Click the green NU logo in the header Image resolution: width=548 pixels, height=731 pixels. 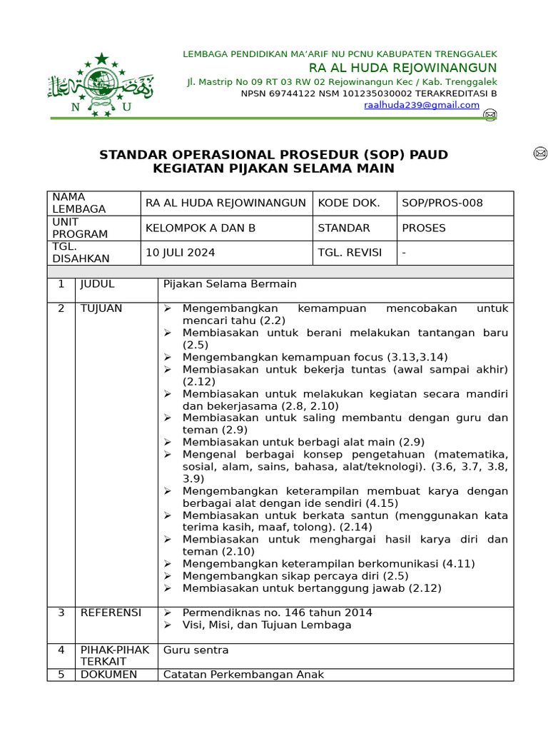[x=100, y=84]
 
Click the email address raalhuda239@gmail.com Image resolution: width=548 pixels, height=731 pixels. [x=422, y=105]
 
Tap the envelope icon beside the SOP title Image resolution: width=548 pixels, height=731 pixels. [x=540, y=153]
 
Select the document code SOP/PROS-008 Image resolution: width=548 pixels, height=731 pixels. [x=442, y=203]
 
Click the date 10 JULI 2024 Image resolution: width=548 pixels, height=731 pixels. [x=180, y=252]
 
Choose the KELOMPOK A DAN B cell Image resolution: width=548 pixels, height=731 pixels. [x=200, y=228]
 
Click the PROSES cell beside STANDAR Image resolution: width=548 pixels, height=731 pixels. [x=423, y=228]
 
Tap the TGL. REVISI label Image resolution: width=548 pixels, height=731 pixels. [x=350, y=252]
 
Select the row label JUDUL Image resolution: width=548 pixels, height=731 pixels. [x=97, y=283]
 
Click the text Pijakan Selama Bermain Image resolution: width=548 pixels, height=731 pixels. [x=229, y=283]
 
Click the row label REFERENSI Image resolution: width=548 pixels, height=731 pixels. [x=111, y=612]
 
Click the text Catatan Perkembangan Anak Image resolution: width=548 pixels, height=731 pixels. [x=243, y=675]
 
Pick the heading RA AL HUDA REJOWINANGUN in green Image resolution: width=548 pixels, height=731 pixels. [x=402, y=68]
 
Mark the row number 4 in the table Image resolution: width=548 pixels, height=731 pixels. [x=61, y=650]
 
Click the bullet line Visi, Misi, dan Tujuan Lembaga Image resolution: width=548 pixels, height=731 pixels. [x=267, y=625]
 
